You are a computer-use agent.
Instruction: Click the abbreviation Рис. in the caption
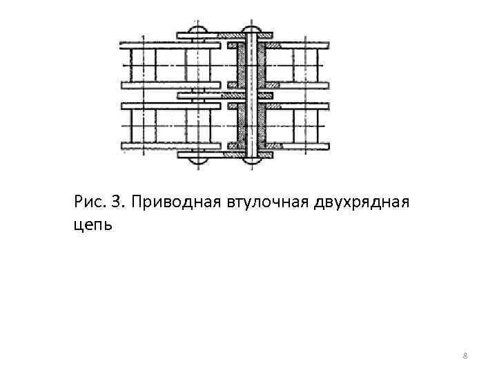(88, 202)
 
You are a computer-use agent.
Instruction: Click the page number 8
(465, 356)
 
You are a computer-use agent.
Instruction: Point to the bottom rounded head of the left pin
(197, 161)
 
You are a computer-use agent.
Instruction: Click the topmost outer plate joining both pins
(224, 35)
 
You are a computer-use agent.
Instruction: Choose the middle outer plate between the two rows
(224, 95)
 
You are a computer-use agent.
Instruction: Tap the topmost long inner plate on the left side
(170, 45)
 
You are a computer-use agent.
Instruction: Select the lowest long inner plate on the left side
(170, 146)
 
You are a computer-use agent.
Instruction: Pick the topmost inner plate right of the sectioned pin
(297, 45)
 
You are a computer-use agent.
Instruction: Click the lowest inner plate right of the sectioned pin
(297, 146)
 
